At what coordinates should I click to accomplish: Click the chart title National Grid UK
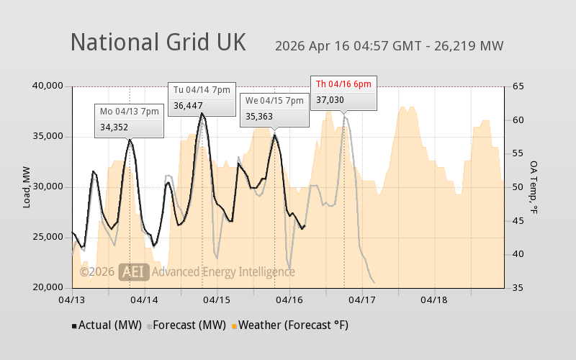click(x=158, y=42)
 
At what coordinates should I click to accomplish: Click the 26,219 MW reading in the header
click(x=470, y=46)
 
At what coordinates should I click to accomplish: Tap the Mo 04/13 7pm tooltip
click(x=129, y=120)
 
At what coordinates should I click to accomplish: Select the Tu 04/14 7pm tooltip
click(x=202, y=98)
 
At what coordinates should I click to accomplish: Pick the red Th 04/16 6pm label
click(x=343, y=84)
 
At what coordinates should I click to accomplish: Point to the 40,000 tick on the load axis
click(x=49, y=86)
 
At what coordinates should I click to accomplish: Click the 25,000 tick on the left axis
click(x=49, y=238)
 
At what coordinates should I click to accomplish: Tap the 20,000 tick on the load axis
click(x=49, y=288)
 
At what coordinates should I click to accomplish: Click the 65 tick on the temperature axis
click(x=518, y=86)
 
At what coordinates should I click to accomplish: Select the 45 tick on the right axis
click(x=518, y=220)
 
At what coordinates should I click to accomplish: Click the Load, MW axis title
click(x=27, y=187)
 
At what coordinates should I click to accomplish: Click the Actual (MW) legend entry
click(x=108, y=325)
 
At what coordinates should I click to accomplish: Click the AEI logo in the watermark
click(x=134, y=272)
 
